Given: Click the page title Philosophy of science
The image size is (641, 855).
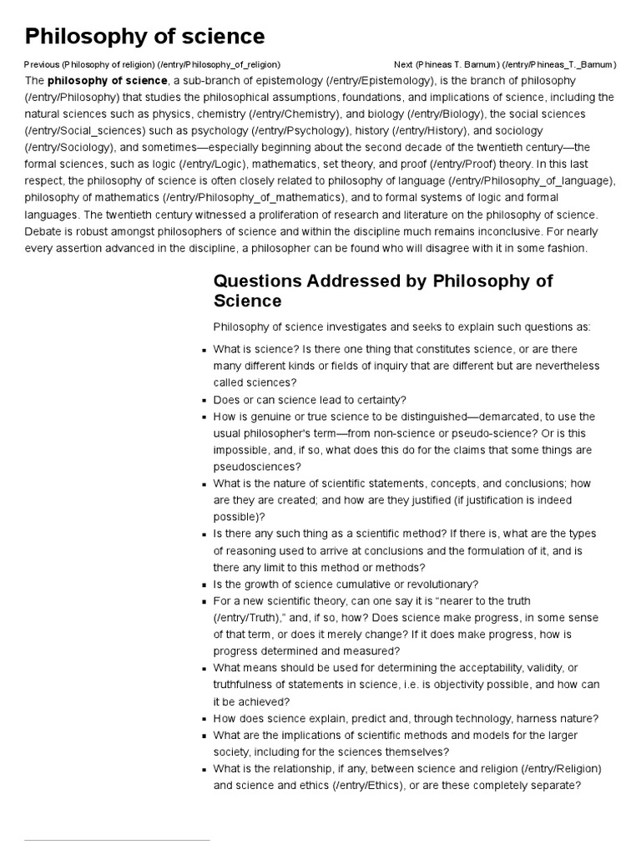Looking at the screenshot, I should (144, 36).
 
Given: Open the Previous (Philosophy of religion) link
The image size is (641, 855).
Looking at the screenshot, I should (152, 64).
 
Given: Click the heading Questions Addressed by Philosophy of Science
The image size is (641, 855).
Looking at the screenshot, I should (382, 290).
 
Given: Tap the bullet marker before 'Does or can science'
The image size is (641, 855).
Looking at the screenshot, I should (204, 401).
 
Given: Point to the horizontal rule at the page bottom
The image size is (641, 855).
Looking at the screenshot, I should (117, 840).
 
